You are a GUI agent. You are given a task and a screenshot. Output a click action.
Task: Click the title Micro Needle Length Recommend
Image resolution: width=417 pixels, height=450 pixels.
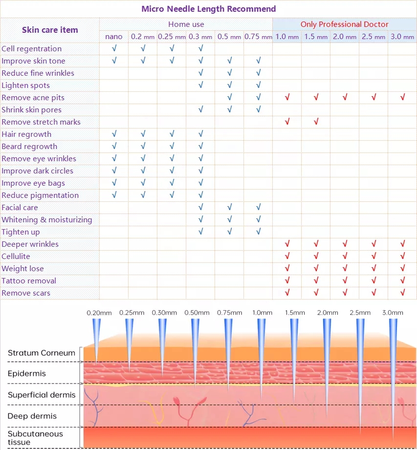point(208,9)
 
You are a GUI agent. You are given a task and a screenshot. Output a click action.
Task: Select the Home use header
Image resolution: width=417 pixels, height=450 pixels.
point(186,24)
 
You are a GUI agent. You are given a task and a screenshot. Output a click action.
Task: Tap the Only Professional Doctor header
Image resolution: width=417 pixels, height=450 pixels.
point(344,24)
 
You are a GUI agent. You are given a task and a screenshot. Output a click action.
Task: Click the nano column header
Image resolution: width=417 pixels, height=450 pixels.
point(114,37)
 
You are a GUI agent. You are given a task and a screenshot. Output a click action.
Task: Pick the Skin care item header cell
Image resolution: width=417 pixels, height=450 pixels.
point(50,30)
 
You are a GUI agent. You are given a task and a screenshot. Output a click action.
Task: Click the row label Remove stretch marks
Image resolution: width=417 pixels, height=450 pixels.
point(41,122)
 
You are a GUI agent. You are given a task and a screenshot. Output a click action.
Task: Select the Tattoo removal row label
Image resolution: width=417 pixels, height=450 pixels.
point(29,280)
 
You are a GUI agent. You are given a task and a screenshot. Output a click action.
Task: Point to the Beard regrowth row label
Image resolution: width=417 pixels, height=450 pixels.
point(29,146)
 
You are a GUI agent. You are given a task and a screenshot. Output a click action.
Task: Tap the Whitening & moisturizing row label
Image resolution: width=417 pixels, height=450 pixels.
point(47,219)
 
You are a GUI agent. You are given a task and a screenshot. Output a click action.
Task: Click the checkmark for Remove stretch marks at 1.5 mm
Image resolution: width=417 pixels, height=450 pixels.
point(316,122)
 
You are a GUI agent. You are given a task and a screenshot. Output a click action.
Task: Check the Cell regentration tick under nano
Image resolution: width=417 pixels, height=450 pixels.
point(114,48)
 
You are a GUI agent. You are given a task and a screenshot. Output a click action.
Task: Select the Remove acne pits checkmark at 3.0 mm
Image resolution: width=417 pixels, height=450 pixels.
point(402,97)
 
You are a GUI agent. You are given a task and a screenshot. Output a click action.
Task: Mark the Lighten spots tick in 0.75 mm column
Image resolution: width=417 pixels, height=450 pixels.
point(258,85)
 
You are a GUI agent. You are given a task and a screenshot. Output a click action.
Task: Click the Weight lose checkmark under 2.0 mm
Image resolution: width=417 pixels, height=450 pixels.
point(345,268)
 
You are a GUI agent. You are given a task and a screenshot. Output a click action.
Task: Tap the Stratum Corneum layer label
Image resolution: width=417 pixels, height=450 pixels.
point(42,353)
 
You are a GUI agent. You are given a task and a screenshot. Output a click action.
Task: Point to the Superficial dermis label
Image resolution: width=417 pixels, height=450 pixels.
point(42,395)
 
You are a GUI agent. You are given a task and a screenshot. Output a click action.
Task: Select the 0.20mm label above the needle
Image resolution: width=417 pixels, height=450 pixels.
point(97,313)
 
